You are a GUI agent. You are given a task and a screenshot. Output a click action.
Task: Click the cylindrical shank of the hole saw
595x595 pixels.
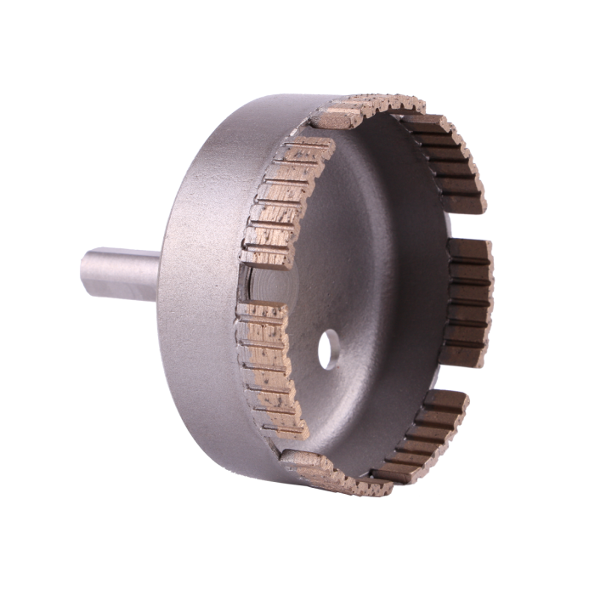point(119,274)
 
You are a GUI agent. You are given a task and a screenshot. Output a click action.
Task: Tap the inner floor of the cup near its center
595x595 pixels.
point(357,272)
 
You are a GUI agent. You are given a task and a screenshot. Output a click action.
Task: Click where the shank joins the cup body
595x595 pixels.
point(159,275)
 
